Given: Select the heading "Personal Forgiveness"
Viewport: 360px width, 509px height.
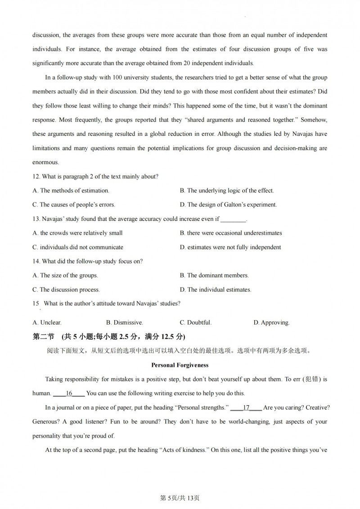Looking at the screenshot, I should tap(180, 365).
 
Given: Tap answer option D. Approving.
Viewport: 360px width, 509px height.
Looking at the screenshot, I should tap(271, 322).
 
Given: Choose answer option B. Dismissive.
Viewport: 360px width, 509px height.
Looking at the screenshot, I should tap(125, 322).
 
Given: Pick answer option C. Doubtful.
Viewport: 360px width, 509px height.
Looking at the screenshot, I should tap(195, 322).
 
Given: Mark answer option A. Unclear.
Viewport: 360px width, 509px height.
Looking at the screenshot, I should tap(47, 322).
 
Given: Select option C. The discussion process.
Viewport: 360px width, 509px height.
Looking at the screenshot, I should tap(66, 290).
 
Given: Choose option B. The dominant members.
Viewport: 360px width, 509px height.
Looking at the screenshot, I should tap(214, 275).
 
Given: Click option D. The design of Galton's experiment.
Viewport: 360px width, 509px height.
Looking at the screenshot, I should tap(228, 205).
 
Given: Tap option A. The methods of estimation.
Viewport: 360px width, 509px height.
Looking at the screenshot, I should tap(71, 191).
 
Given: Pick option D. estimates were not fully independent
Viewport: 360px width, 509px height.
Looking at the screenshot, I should tap(230, 247).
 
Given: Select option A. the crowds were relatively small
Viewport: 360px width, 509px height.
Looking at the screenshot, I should tap(77, 233).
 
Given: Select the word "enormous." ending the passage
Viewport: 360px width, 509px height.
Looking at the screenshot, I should tap(45, 162).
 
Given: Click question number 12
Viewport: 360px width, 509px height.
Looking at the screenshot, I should tap(36, 176).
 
